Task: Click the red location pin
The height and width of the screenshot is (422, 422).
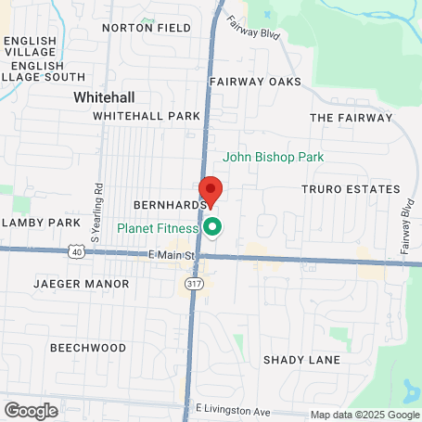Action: (x=211, y=190)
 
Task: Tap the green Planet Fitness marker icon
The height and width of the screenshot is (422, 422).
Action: (x=212, y=226)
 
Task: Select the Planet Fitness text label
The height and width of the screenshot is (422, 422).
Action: (x=158, y=228)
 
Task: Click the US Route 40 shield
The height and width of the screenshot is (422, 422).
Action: (x=76, y=251)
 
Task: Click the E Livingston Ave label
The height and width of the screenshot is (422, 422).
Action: (x=232, y=409)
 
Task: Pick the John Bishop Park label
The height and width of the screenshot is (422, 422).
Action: (x=274, y=158)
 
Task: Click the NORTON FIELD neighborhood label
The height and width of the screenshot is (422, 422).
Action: (x=160, y=28)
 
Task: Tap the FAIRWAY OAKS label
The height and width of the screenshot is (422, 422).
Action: (x=255, y=82)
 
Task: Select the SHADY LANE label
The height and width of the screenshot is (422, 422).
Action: (x=301, y=360)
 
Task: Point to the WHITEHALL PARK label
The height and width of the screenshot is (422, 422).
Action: (x=147, y=116)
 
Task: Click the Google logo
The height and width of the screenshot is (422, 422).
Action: (x=31, y=410)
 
